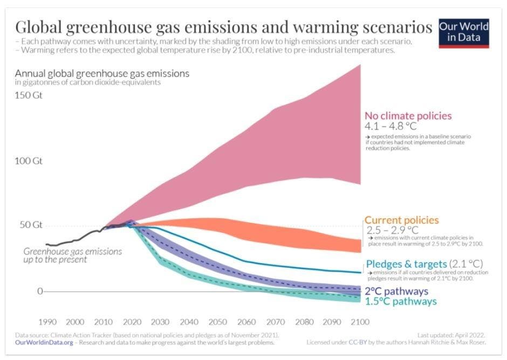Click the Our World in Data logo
463,33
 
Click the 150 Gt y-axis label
29,95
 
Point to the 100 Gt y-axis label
29,161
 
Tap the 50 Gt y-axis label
31,225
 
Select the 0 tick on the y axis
40,292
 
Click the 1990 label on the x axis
47,322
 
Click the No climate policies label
408,115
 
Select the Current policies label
401,220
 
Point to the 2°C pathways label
400,290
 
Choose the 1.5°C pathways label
400,301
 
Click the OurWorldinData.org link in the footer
37,342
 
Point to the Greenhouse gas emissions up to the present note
72,255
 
